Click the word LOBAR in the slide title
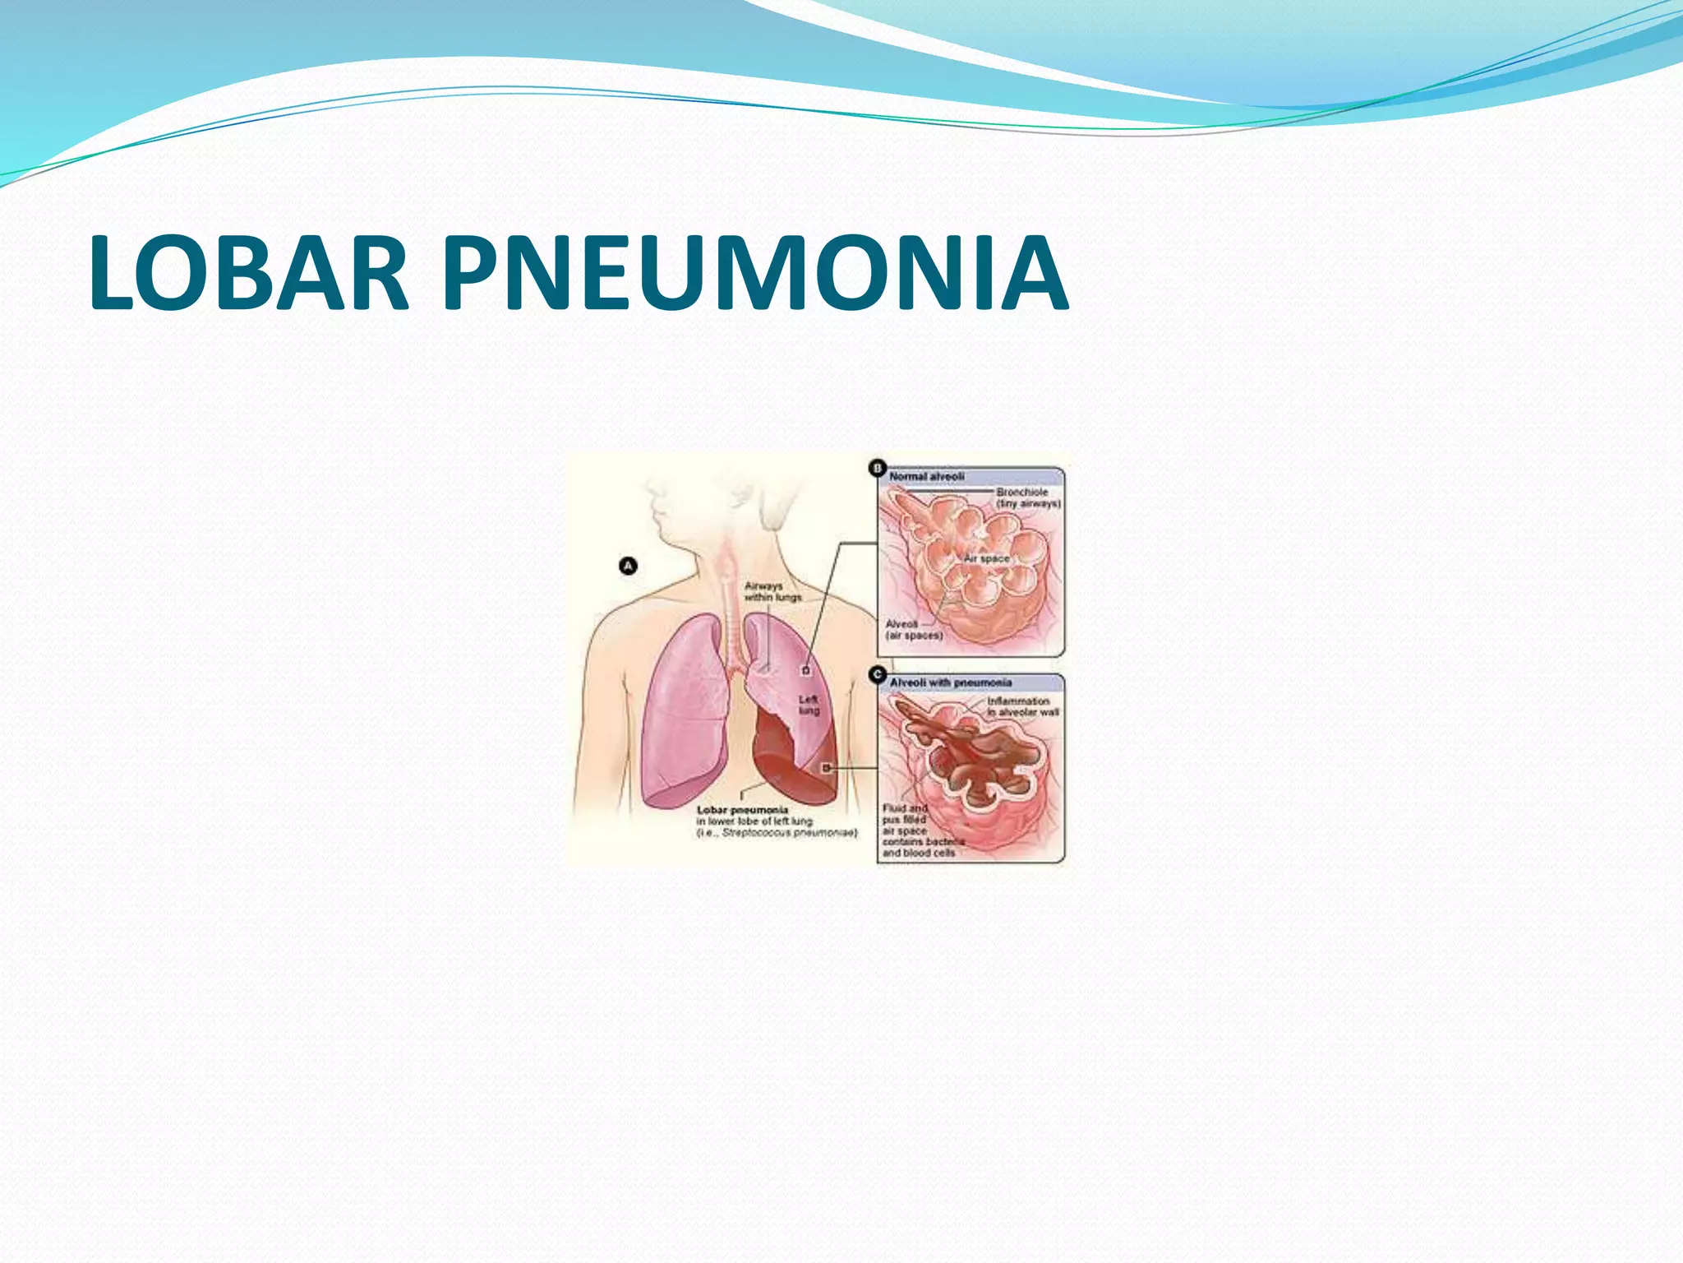pyautogui.click(x=248, y=274)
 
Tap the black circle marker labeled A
pyautogui.click(x=629, y=566)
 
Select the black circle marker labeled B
pyautogui.click(x=877, y=469)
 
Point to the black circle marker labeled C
pyautogui.click(x=877, y=675)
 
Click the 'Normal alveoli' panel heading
pyautogui.click(x=926, y=476)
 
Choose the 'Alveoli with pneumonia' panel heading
pyautogui.click(x=950, y=682)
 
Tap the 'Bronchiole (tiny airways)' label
pyautogui.click(x=1028, y=497)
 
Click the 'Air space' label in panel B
pyautogui.click(x=986, y=558)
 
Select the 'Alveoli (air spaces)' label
pyautogui.click(x=913, y=630)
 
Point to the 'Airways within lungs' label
pyautogui.click(x=772, y=591)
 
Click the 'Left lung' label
pyautogui.click(x=809, y=705)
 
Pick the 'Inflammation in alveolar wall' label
pyautogui.click(x=1021, y=706)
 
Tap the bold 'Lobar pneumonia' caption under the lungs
pyautogui.click(x=742, y=810)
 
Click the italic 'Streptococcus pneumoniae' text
pyautogui.click(x=787, y=833)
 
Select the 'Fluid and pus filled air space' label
pyautogui.click(x=906, y=819)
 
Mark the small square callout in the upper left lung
pyautogui.click(x=806, y=671)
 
